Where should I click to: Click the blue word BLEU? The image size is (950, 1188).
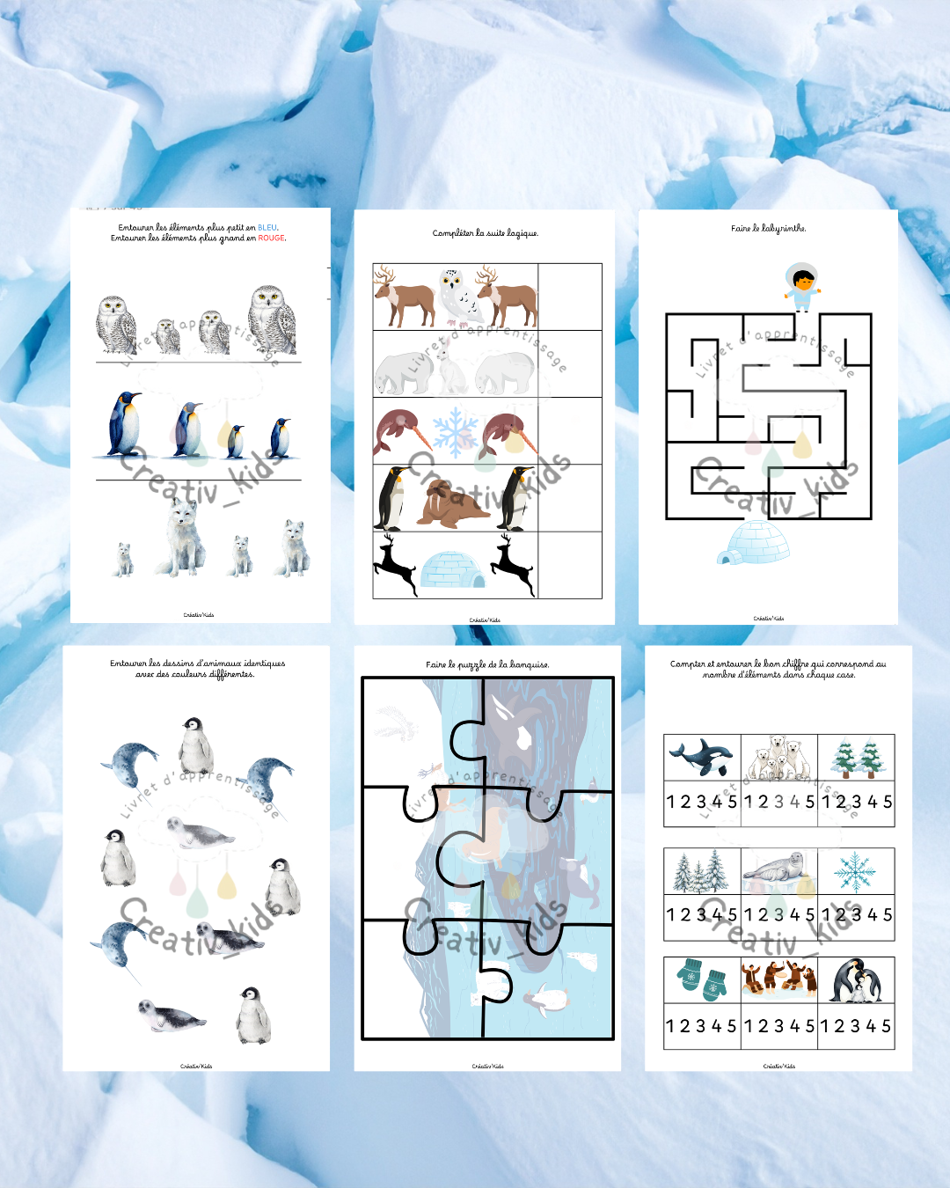click(x=267, y=228)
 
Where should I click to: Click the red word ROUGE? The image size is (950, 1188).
click(x=271, y=238)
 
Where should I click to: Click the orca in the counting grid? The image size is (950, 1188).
click(x=701, y=757)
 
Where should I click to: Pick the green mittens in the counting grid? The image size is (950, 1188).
click(x=701, y=980)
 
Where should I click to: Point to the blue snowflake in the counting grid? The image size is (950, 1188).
click(x=854, y=871)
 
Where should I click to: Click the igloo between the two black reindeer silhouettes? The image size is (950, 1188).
click(x=452, y=570)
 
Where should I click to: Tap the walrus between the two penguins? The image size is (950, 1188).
click(x=452, y=503)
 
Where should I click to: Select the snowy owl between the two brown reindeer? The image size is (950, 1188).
click(x=460, y=297)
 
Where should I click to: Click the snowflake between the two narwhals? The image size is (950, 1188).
click(x=455, y=431)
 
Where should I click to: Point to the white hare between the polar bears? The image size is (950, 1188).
click(x=452, y=369)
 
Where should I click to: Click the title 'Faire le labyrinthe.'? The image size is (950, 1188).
click(x=768, y=229)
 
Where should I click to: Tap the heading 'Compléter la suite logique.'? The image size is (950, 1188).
click(x=485, y=233)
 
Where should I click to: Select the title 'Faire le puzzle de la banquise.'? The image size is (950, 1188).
click(x=487, y=664)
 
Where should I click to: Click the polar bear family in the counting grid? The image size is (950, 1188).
click(x=778, y=758)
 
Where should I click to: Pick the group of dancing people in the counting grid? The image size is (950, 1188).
click(x=778, y=979)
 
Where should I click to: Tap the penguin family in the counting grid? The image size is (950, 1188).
click(x=855, y=980)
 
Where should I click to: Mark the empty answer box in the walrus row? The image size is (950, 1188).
click(x=570, y=498)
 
